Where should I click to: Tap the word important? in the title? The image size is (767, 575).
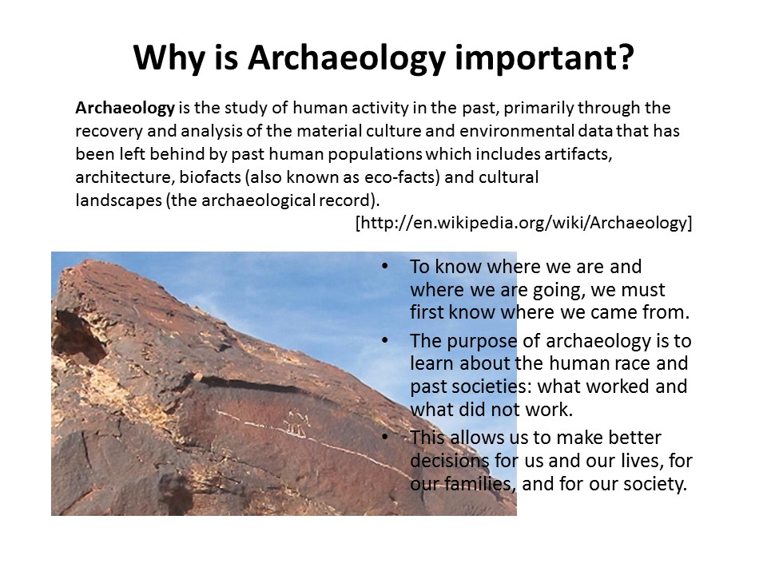click(x=544, y=58)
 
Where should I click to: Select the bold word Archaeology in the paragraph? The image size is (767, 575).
click(x=125, y=108)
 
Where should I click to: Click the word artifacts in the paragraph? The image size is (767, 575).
click(x=578, y=154)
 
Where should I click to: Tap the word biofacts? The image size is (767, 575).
click(x=210, y=177)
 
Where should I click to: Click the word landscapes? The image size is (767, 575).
click(x=118, y=200)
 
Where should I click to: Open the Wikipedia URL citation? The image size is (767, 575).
click(x=523, y=223)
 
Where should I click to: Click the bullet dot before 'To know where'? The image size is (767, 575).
click(x=384, y=267)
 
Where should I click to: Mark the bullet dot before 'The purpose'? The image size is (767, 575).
click(x=384, y=340)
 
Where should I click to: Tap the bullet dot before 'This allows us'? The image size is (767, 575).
click(x=384, y=437)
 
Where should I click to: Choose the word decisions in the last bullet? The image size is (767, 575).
click(x=450, y=461)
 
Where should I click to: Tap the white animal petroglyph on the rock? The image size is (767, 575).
click(x=296, y=424)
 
